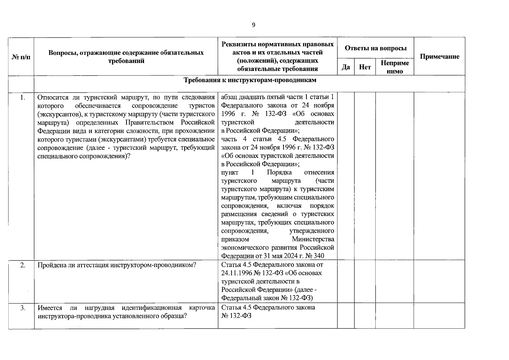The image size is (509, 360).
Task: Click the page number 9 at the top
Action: (x=253, y=25)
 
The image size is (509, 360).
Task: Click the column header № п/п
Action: (x=21, y=57)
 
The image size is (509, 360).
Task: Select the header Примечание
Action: (x=439, y=57)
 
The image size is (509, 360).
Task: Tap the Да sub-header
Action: (x=346, y=67)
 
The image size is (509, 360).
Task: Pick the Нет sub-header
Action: (x=365, y=67)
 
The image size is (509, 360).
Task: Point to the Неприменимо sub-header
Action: (x=395, y=67)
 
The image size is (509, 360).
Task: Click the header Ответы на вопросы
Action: (x=376, y=48)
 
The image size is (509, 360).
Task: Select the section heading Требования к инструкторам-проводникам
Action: (x=250, y=80)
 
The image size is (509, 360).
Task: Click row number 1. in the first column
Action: (x=22, y=97)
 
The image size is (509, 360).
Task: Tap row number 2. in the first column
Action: (x=22, y=265)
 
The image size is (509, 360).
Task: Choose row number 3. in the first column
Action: (x=22, y=308)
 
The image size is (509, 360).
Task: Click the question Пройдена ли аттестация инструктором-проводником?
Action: (x=117, y=265)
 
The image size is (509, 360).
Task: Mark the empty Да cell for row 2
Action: (x=346, y=281)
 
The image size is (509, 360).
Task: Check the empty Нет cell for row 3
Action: (x=365, y=316)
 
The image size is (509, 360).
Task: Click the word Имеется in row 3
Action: (x=50, y=308)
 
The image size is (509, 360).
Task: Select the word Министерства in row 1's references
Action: (x=313, y=239)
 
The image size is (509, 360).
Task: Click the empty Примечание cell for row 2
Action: (x=439, y=281)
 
